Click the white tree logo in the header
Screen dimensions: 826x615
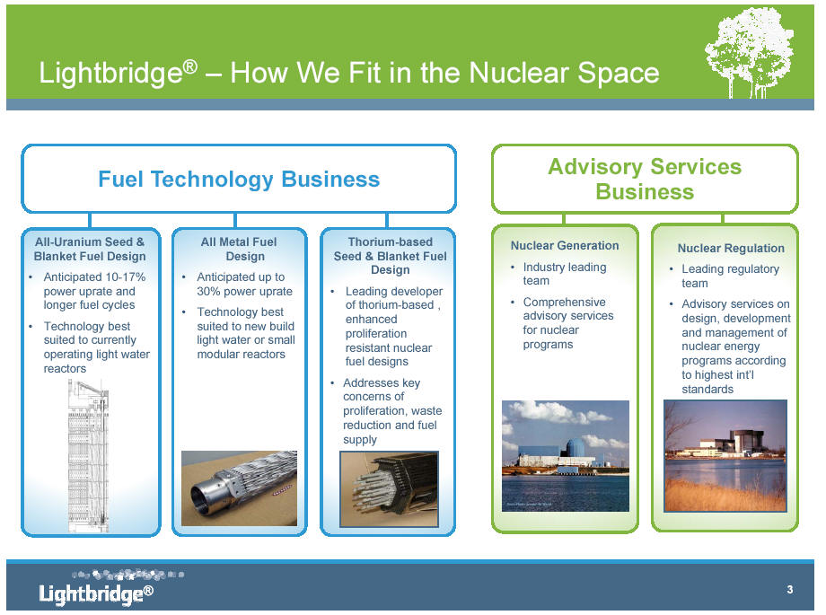[749, 53]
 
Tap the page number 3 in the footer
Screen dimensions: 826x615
[790, 589]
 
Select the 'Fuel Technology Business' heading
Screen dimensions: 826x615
[239, 180]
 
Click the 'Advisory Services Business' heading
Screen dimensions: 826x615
[645, 180]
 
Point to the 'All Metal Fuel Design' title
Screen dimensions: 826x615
[239, 249]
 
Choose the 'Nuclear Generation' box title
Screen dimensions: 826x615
[565, 246]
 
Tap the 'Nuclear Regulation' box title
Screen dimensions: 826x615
[731, 248]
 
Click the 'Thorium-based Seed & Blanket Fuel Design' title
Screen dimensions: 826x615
[390, 256]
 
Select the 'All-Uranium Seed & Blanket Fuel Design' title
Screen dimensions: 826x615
[90, 249]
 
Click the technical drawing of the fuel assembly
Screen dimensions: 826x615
[89, 456]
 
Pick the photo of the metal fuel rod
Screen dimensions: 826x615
[239, 488]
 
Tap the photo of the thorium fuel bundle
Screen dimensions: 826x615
[390, 489]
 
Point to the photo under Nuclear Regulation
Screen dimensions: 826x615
[725, 455]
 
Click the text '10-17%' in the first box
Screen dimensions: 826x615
[126, 277]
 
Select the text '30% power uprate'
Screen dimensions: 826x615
[244, 292]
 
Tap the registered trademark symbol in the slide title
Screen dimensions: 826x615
[190, 66]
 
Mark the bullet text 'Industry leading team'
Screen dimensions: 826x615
[565, 274]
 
